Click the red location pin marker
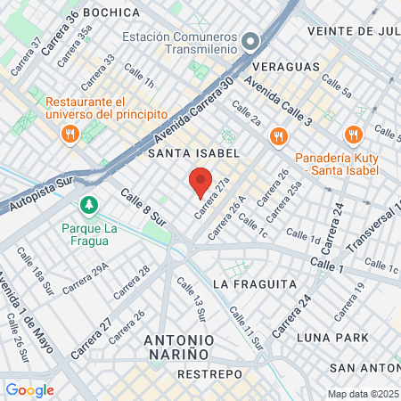200,183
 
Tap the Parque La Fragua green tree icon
88,206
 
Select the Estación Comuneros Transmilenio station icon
250,40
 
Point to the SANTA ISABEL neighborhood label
194,153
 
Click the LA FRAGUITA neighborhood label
255,283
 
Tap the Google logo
29,389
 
